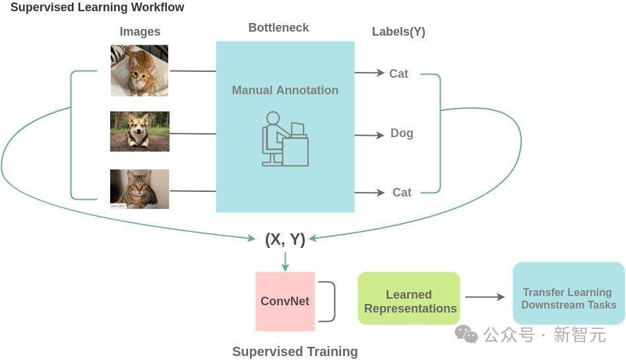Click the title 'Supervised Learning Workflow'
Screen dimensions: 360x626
[x=97, y=8]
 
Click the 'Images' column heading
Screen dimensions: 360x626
[x=140, y=32]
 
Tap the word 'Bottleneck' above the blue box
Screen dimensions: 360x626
[x=278, y=28]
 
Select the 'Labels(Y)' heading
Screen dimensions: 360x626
[x=398, y=32]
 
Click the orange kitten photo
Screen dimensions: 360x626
[x=139, y=71]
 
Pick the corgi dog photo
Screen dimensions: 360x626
[x=140, y=131]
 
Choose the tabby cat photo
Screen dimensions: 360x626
[x=139, y=189]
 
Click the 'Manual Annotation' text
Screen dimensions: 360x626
[x=285, y=90]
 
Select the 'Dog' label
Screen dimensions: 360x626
[x=402, y=133]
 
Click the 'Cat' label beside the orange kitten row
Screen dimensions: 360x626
[x=398, y=74]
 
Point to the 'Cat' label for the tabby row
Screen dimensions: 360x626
[x=402, y=193]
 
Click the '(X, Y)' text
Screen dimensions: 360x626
[x=285, y=239]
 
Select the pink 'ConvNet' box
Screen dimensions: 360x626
[x=285, y=301]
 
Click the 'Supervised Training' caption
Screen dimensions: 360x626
[x=295, y=351]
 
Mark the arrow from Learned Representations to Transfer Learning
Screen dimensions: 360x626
[x=485, y=297]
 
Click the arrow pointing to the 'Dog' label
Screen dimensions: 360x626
[x=369, y=135]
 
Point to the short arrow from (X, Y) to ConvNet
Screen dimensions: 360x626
[x=285, y=262]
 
